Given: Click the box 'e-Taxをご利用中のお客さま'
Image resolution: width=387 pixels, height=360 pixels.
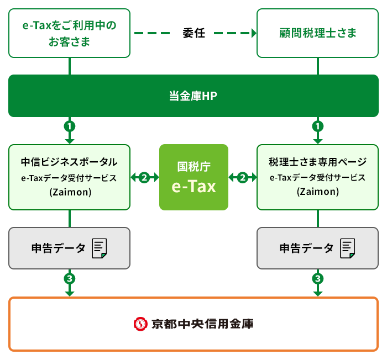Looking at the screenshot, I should [x=69, y=33].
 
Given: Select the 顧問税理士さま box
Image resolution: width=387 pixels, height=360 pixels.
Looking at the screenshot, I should [x=318, y=33].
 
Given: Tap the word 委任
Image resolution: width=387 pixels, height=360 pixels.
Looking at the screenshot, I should [x=193, y=33].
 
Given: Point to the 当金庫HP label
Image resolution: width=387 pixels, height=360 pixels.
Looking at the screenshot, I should [x=193, y=96].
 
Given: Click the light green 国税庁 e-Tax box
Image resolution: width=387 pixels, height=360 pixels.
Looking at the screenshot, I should [x=193, y=177].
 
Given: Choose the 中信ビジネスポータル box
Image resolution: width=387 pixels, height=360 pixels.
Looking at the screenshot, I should [x=69, y=177].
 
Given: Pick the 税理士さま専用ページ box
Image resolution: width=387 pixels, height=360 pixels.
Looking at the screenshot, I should [x=318, y=177].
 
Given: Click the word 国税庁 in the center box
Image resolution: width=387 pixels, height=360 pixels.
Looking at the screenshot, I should [x=193, y=166].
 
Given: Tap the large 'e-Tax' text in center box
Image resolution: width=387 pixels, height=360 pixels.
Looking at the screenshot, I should [x=193, y=186].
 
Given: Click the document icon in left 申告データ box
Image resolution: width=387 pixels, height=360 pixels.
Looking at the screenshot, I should [x=100, y=248].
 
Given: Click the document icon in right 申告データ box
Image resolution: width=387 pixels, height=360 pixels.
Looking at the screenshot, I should [x=348, y=248].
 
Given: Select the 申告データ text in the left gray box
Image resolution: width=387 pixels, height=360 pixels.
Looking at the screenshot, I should [x=59, y=248].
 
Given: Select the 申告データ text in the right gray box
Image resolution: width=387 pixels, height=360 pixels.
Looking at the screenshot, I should [x=307, y=248].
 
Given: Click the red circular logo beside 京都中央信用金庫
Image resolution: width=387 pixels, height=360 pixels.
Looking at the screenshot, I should [x=141, y=324].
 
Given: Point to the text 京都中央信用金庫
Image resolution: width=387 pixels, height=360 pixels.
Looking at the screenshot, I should [x=202, y=324].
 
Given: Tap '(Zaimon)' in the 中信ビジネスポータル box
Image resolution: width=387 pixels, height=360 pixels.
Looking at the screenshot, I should [x=69, y=192].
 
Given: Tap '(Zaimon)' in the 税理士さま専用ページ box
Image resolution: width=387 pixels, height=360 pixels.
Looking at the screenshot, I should [x=318, y=192].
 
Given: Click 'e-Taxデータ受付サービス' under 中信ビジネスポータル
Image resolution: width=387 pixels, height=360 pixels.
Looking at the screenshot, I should [x=69, y=178].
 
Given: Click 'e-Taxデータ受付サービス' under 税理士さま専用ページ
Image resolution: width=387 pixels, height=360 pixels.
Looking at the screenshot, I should [x=318, y=178].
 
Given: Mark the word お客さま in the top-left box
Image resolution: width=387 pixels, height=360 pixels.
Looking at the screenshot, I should [x=69, y=41].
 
